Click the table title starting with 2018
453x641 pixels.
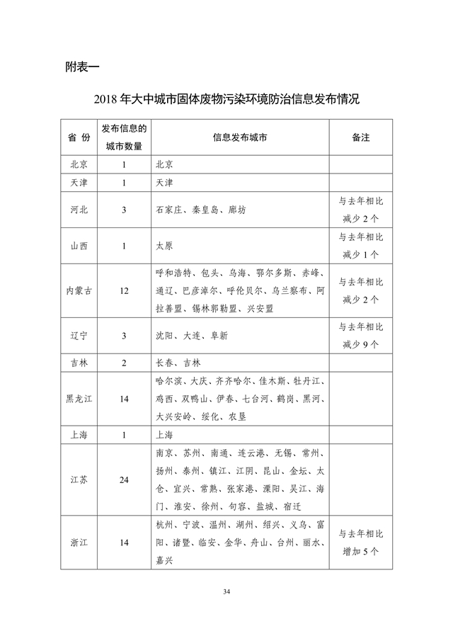pyautogui.click(x=226, y=99)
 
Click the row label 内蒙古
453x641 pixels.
pyautogui.click(x=79, y=290)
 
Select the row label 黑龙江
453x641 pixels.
pyautogui.click(x=79, y=399)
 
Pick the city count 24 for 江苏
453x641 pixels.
pyautogui.click(x=124, y=480)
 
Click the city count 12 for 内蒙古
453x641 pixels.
pyautogui.click(x=124, y=290)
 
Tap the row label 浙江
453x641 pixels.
pyautogui.click(x=79, y=542)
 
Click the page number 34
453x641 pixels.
pyautogui.click(x=226, y=591)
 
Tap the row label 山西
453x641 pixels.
pyautogui.click(x=79, y=246)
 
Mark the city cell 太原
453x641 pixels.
pyautogui.click(x=164, y=246)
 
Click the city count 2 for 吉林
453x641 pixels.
pyautogui.click(x=124, y=363)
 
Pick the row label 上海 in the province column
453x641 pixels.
pyautogui.click(x=79, y=435)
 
